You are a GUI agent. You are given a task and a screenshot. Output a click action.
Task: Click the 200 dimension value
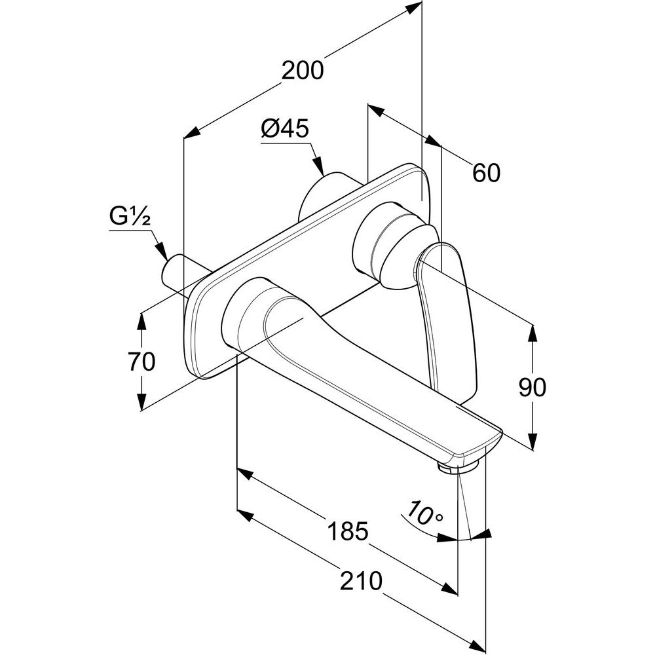(303, 70)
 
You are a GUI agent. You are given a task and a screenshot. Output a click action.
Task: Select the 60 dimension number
(486, 172)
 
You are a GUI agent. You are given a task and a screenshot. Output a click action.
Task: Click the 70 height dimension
(141, 361)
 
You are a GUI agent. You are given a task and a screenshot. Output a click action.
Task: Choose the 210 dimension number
(362, 580)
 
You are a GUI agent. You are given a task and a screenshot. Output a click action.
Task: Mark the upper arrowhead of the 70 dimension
(141, 318)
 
